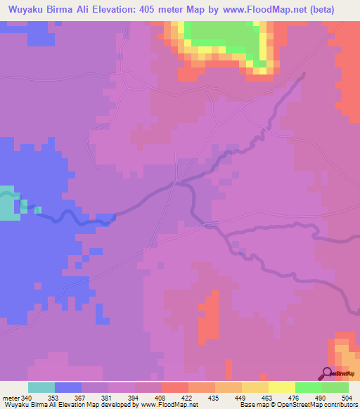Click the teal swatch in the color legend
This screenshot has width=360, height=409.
[x=41, y=387]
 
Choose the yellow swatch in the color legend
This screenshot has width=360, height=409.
[x=281, y=387]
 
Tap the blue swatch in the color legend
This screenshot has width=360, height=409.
[x=68, y=387]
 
